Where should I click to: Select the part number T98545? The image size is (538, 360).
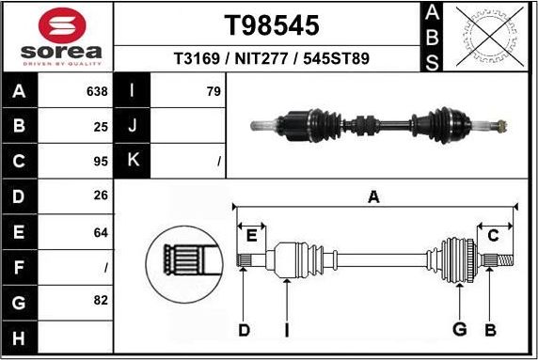(x=272, y=24)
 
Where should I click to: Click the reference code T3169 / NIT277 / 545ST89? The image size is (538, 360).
(x=272, y=58)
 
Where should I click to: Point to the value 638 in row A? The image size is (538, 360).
(x=97, y=92)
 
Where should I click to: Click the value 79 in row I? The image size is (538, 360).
(x=213, y=92)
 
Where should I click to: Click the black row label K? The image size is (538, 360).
(x=133, y=161)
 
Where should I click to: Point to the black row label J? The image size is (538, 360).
(x=133, y=125)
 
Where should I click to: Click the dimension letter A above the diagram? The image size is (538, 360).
(x=373, y=197)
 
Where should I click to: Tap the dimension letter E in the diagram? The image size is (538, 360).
(x=250, y=235)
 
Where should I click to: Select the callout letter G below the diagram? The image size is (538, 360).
(x=460, y=329)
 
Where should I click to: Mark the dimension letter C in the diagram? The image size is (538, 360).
(x=492, y=235)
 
